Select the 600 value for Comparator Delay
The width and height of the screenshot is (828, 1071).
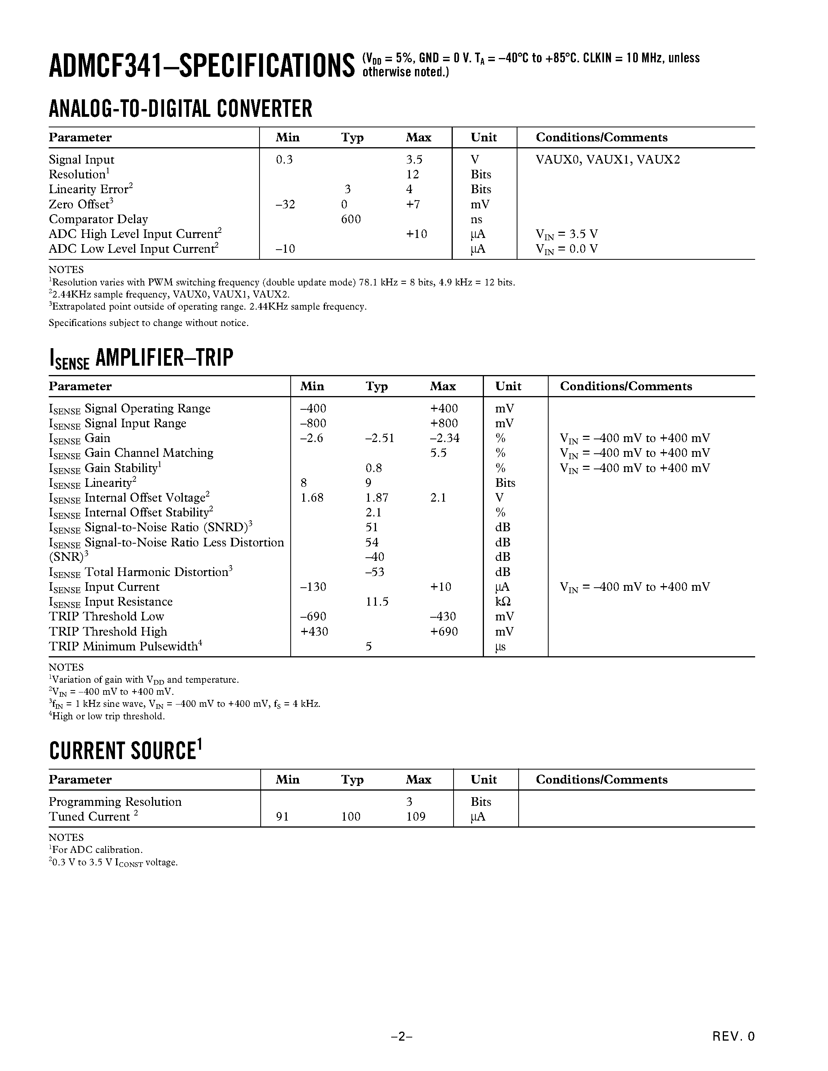coord(351,219)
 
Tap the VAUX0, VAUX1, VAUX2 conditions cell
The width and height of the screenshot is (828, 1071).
coord(608,160)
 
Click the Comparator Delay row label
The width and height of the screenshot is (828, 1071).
coord(98,219)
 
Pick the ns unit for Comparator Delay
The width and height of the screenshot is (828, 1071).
coord(476,219)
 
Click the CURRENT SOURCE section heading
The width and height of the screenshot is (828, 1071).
coord(125,751)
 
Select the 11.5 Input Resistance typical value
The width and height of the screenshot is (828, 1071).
coord(377,602)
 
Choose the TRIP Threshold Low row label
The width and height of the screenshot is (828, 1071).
coord(106,617)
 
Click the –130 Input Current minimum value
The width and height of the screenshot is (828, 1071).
coord(313,587)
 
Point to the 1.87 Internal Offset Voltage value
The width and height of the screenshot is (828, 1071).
coord(377,498)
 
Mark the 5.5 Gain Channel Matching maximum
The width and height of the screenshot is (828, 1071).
coord(438,453)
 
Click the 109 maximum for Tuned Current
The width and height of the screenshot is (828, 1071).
coord(416,816)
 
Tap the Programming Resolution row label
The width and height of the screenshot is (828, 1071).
coord(115,802)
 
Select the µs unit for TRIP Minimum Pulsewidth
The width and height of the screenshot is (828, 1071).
coord(500,646)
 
